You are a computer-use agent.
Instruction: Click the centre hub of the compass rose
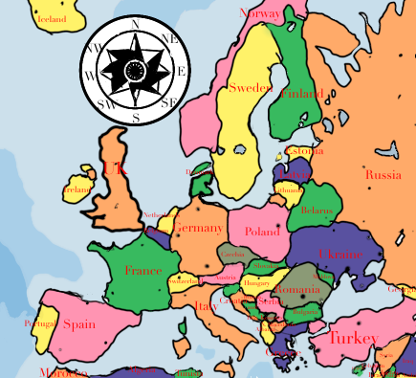click(134, 70)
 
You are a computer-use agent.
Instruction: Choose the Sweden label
click(251, 88)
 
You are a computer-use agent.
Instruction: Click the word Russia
click(383, 174)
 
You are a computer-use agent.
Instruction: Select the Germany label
click(201, 228)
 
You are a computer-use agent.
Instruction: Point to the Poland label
click(262, 232)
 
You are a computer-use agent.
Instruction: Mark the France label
click(142, 271)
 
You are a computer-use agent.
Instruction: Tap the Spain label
click(78, 323)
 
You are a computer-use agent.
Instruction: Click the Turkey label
click(353, 337)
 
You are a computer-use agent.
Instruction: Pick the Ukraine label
click(340, 254)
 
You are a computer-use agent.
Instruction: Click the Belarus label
click(316, 211)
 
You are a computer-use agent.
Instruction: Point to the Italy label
click(207, 307)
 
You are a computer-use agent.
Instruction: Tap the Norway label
click(259, 13)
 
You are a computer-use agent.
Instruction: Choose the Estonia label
click(305, 151)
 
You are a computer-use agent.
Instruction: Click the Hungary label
click(256, 283)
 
